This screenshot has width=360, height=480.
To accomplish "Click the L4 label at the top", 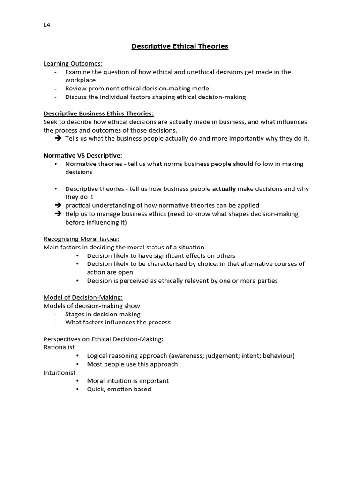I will [46, 25].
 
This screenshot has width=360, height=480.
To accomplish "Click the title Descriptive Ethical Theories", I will [180, 46].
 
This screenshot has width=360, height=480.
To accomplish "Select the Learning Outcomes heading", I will [73, 63].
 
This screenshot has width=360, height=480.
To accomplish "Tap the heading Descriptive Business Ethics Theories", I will [98, 113].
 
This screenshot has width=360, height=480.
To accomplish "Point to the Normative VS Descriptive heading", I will [82, 155].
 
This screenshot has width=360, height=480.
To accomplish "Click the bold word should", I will [243, 164].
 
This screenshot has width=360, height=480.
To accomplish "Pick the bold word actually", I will [224, 189].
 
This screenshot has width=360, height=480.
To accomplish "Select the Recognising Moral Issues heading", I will [81, 239].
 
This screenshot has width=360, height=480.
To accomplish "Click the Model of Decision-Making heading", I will [83, 297].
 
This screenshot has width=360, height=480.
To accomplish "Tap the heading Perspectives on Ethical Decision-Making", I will [103, 339].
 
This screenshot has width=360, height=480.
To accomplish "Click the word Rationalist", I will [59, 347].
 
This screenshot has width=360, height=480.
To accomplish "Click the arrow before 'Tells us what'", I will [58, 139].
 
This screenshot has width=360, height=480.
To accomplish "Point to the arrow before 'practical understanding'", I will [58, 205].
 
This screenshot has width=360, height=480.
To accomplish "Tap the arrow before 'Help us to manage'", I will [58, 214].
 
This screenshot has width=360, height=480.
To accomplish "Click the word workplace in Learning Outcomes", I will [80, 80].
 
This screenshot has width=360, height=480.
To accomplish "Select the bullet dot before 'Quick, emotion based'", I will [78, 389].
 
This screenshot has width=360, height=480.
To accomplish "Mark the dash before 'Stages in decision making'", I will [56, 314].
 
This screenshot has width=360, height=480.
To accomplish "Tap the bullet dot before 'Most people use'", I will [78, 364].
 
